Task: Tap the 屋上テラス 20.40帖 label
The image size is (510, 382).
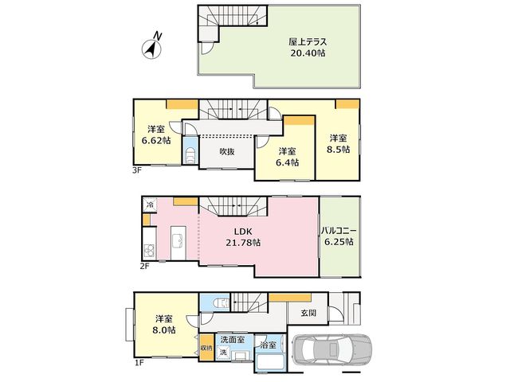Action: (x=308, y=48)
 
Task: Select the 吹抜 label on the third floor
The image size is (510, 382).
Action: (x=227, y=152)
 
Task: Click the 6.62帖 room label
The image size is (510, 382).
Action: (x=156, y=135)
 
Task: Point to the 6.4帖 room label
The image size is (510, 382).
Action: (x=287, y=157)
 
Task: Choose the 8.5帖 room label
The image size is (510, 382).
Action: (x=339, y=144)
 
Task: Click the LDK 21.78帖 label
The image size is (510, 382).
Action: (x=243, y=237)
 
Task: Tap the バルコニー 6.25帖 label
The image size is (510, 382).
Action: (x=339, y=236)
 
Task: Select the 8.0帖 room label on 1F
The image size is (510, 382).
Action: (x=164, y=325)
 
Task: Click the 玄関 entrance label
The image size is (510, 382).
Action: (x=308, y=313)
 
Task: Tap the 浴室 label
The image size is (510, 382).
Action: (x=269, y=345)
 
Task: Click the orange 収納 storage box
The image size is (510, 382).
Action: (x=206, y=347)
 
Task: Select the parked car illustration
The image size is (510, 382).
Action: (x=332, y=350)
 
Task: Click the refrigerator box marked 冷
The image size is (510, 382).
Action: (x=150, y=205)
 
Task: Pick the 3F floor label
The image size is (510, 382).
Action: (x=137, y=170)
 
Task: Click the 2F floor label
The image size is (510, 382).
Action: (x=144, y=267)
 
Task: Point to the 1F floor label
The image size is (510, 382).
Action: (x=139, y=363)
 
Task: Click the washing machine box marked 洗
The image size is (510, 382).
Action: (x=223, y=352)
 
